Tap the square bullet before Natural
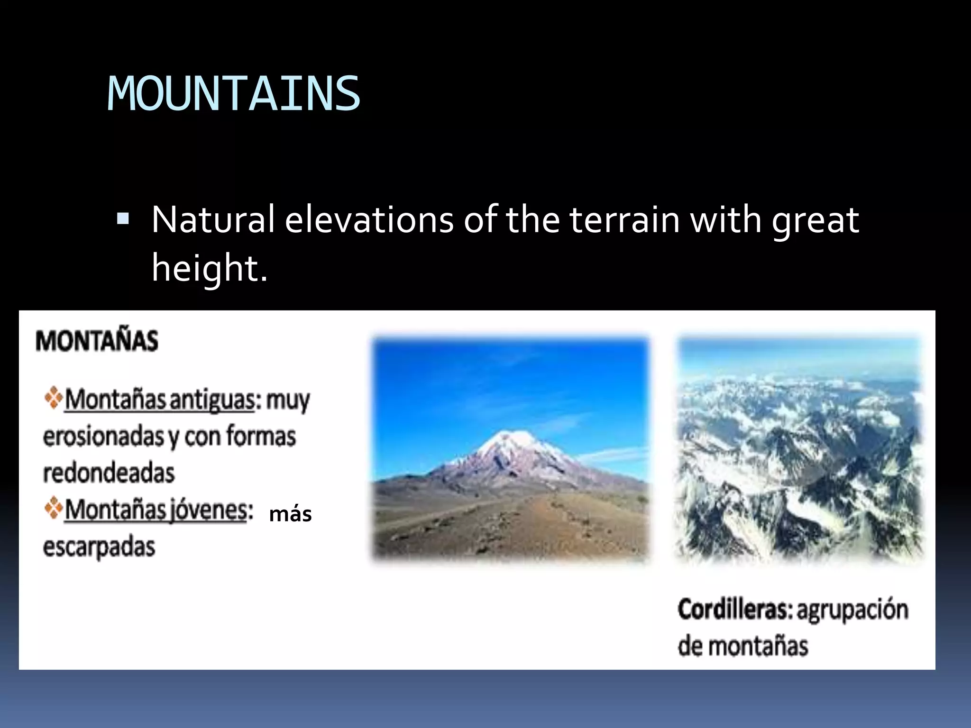click(x=123, y=219)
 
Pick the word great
click(x=815, y=221)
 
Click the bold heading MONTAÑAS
click(x=97, y=341)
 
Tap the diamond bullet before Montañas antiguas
click(x=54, y=398)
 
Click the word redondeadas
click(x=109, y=473)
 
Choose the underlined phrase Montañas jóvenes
click(x=156, y=510)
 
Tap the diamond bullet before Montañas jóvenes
click(x=54, y=508)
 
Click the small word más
click(x=290, y=514)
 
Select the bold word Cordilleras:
click(x=734, y=610)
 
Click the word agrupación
click(x=852, y=610)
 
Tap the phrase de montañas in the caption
click(x=742, y=646)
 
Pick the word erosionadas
click(x=103, y=437)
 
